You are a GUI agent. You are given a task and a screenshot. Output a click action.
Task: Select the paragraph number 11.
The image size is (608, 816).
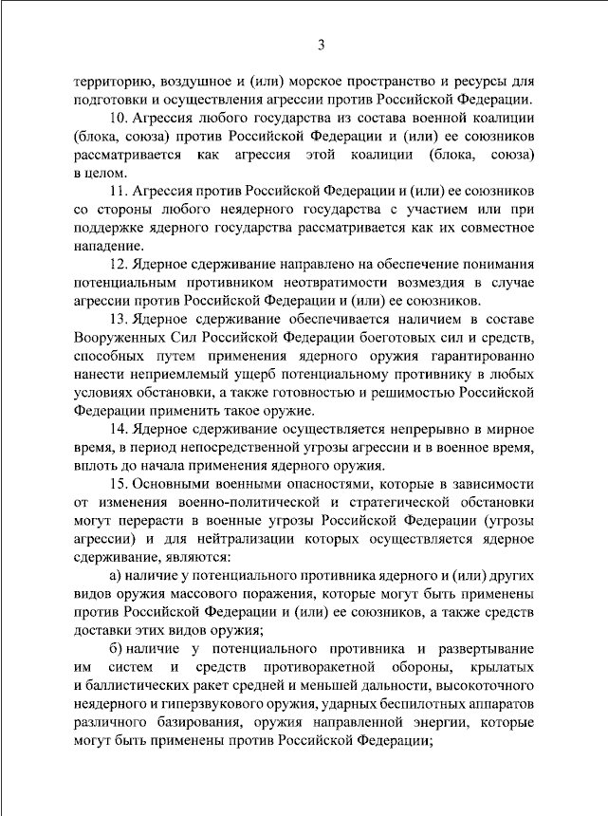click(x=120, y=192)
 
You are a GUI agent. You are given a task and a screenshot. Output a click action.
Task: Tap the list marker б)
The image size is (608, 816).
click(x=117, y=650)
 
